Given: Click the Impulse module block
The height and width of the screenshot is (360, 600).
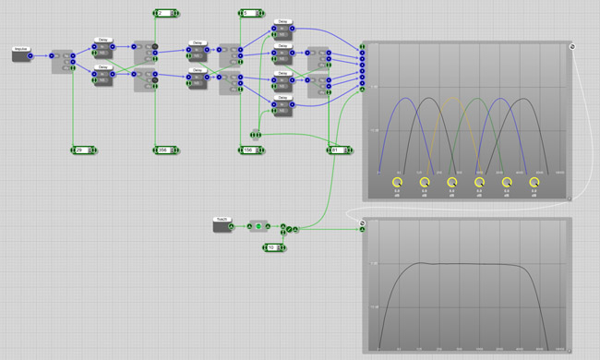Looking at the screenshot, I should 20,54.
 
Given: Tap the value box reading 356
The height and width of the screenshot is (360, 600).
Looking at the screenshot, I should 162,150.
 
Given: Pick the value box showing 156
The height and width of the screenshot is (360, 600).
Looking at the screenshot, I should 248,150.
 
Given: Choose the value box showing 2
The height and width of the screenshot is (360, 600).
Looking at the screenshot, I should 162,14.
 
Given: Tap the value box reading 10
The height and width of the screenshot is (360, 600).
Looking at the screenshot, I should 272,247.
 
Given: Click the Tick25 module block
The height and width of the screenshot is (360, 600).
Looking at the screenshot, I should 222,225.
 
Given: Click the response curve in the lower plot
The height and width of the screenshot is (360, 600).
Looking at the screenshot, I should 462,265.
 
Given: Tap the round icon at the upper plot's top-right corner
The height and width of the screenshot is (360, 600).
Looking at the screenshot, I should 572,45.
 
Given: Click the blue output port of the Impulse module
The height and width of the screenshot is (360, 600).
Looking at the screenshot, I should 30,55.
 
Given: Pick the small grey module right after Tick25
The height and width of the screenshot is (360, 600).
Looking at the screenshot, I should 257,225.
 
